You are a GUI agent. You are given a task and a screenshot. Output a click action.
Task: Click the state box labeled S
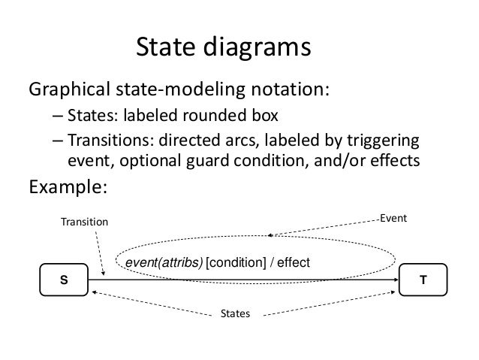64,280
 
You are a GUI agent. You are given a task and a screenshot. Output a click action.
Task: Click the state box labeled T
423,280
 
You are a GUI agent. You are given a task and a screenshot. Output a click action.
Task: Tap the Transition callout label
84,222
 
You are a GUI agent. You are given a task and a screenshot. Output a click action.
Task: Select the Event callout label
393,218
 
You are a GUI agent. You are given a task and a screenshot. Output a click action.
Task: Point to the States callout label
235,313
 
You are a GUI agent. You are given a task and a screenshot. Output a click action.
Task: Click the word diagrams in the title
258,47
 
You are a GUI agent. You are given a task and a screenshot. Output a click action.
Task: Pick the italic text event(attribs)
164,262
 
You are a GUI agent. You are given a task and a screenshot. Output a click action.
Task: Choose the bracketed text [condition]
236,262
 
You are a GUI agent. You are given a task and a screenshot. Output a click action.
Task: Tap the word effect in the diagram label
294,262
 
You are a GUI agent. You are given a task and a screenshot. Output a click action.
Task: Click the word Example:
68,186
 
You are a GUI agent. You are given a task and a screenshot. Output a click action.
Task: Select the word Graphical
69,89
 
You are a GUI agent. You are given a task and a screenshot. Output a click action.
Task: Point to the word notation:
291,89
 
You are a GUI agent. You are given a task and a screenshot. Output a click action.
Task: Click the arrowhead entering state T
396,280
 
